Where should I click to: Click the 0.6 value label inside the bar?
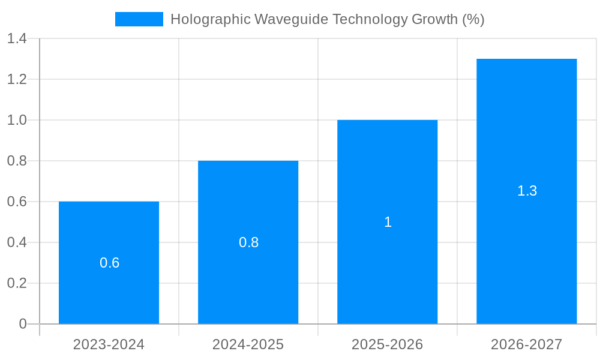pyautogui.click(x=109, y=263)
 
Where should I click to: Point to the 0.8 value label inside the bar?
pyautogui.click(x=248, y=242)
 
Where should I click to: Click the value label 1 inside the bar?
pyautogui.click(x=388, y=222)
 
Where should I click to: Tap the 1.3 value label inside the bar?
pyautogui.click(x=527, y=191)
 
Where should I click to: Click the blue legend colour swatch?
pyautogui.click(x=139, y=19)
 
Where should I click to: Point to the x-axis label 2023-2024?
pyautogui.click(x=109, y=344)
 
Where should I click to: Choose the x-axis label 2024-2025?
pyautogui.click(x=248, y=344)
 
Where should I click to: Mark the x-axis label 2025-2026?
pyautogui.click(x=387, y=344)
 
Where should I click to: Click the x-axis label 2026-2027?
pyautogui.click(x=526, y=344)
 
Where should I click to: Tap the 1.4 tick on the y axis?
pyautogui.click(x=17, y=39)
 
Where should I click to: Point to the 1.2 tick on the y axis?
pyautogui.click(x=17, y=79)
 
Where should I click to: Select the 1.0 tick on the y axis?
pyautogui.click(x=17, y=120)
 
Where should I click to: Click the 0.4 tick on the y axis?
pyautogui.click(x=17, y=242)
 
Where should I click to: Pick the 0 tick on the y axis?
pyautogui.click(x=23, y=324)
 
